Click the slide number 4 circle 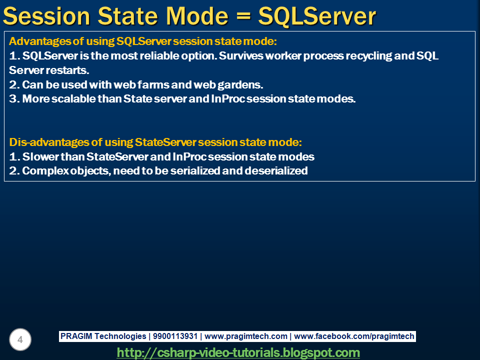point(20,339)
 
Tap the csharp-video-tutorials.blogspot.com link point(238,352)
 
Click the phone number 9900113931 point(175,336)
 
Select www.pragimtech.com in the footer point(246,336)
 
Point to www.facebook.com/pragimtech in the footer point(354,336)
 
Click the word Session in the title point(46,16)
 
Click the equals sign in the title point(243,16)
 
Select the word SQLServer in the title point(317,16)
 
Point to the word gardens point(240,85)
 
